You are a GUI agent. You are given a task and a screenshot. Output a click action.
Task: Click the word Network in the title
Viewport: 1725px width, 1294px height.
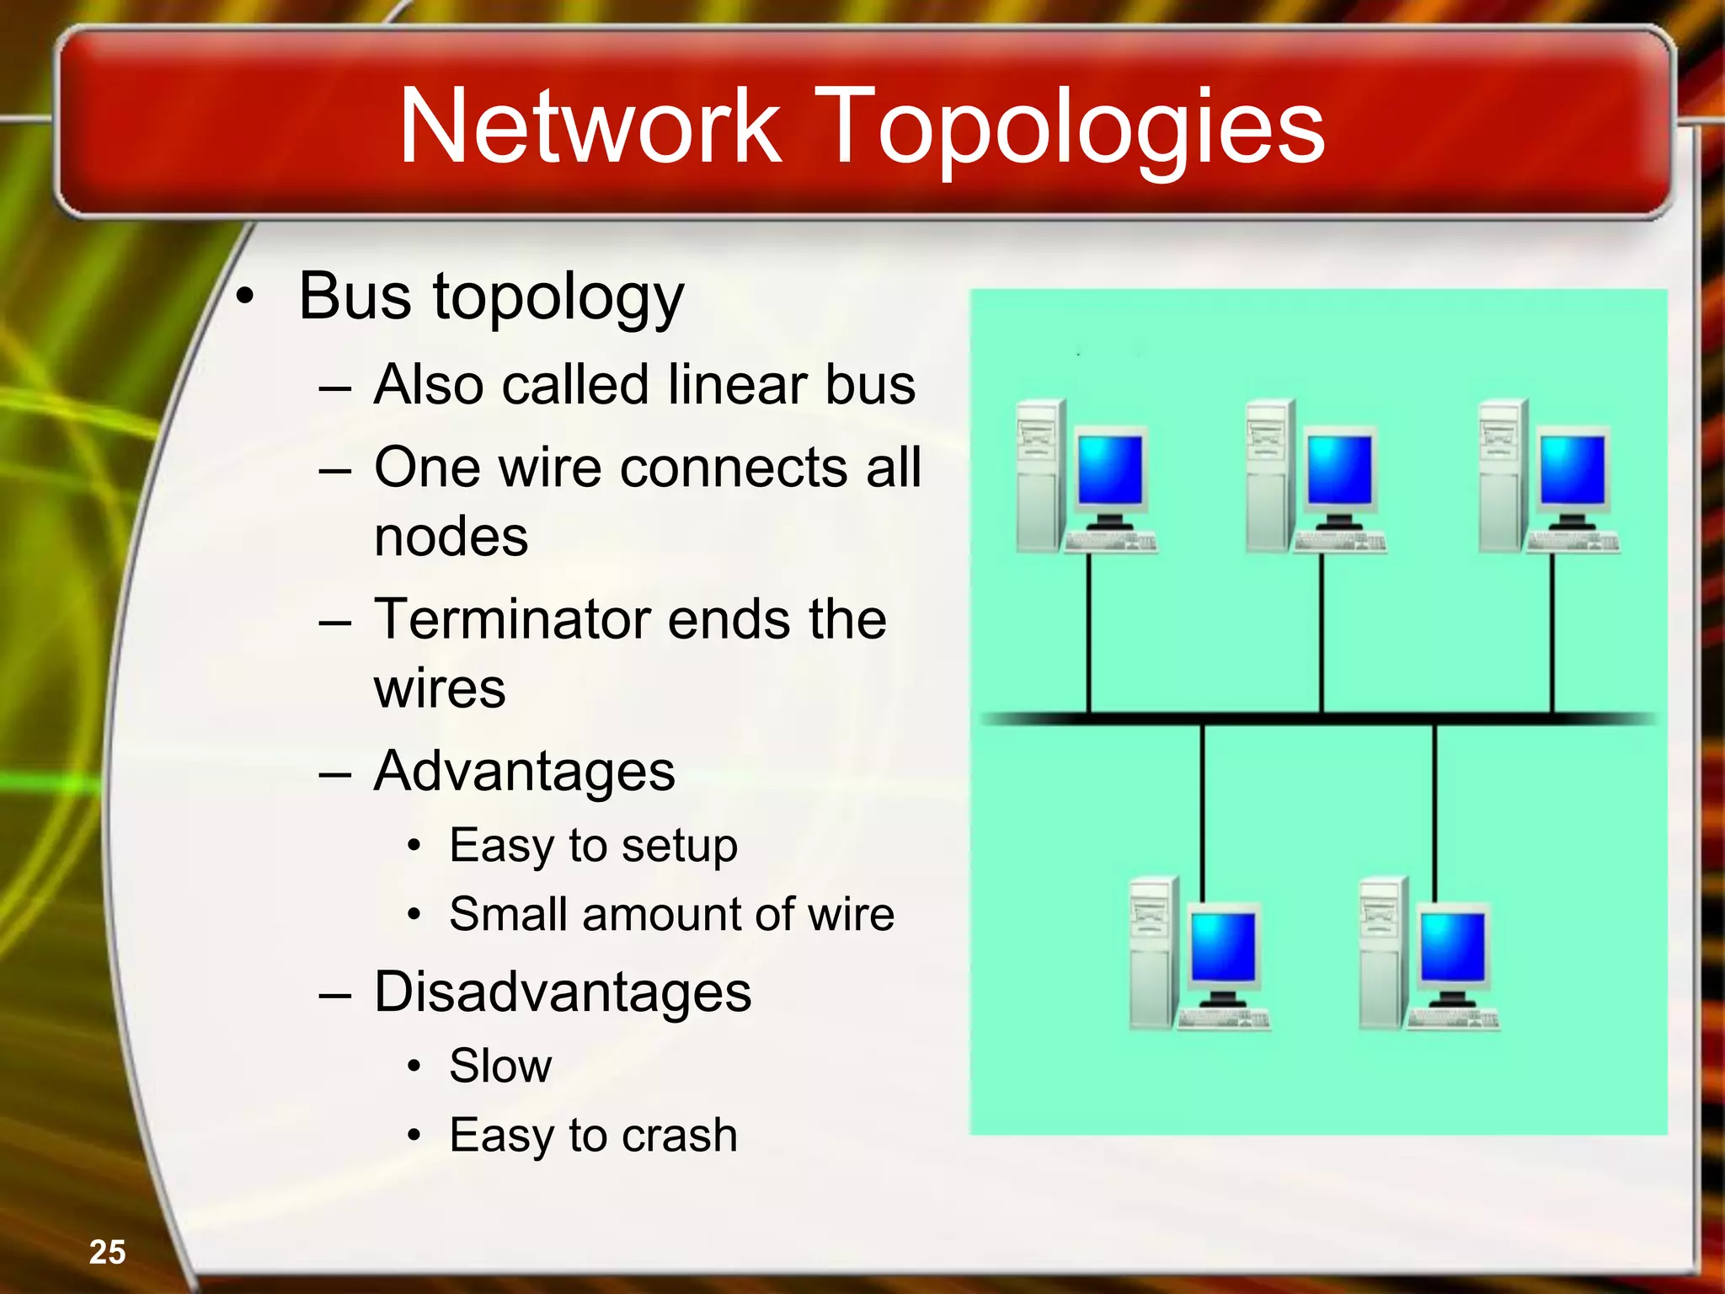point(590,126)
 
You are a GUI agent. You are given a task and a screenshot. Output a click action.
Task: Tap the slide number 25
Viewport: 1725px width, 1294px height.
point(107,1252)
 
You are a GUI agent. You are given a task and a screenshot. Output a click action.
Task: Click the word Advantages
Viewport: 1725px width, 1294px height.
point(524,771)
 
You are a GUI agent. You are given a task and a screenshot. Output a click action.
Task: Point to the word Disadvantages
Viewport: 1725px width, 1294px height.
point(563,992)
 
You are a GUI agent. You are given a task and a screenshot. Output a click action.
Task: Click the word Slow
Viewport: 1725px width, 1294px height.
point(500,1066)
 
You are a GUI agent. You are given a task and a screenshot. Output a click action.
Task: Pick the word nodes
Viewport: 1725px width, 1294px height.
point(451,537)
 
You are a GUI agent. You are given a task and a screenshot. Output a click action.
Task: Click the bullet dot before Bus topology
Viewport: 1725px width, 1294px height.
point(244,297)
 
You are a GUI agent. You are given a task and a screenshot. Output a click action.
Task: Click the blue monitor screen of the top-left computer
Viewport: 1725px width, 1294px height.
point(1110,468)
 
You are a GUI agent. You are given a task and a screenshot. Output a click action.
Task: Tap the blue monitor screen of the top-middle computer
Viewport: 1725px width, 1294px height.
point(1339,468)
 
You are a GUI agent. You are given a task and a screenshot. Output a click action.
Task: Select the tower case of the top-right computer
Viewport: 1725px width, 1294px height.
point(1502,477)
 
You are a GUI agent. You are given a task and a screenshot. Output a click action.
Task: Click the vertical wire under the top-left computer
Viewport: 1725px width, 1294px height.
point(1089,632)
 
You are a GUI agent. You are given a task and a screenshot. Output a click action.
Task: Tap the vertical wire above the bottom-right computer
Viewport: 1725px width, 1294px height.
point(1434,800)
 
